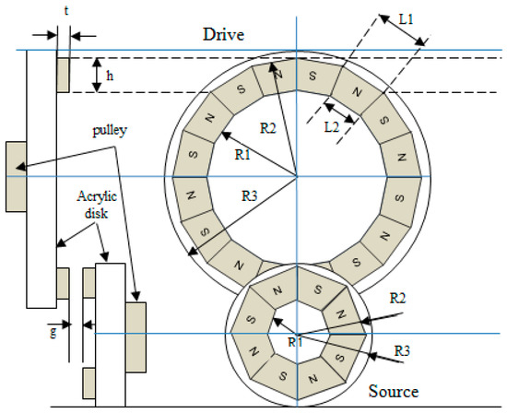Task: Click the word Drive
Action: tap(223, 35)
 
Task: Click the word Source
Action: tap(394, 391)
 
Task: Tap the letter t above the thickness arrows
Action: tap(66, 11)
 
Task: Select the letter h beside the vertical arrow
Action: tap(110, 76)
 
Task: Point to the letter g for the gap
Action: tap(53, 332)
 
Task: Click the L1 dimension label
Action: tap(406, 19)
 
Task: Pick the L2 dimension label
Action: tap(332, 128)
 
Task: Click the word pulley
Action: tap(110, 131)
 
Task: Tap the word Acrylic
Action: tap(97, 197)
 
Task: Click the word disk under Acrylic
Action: tap(96, 214)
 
